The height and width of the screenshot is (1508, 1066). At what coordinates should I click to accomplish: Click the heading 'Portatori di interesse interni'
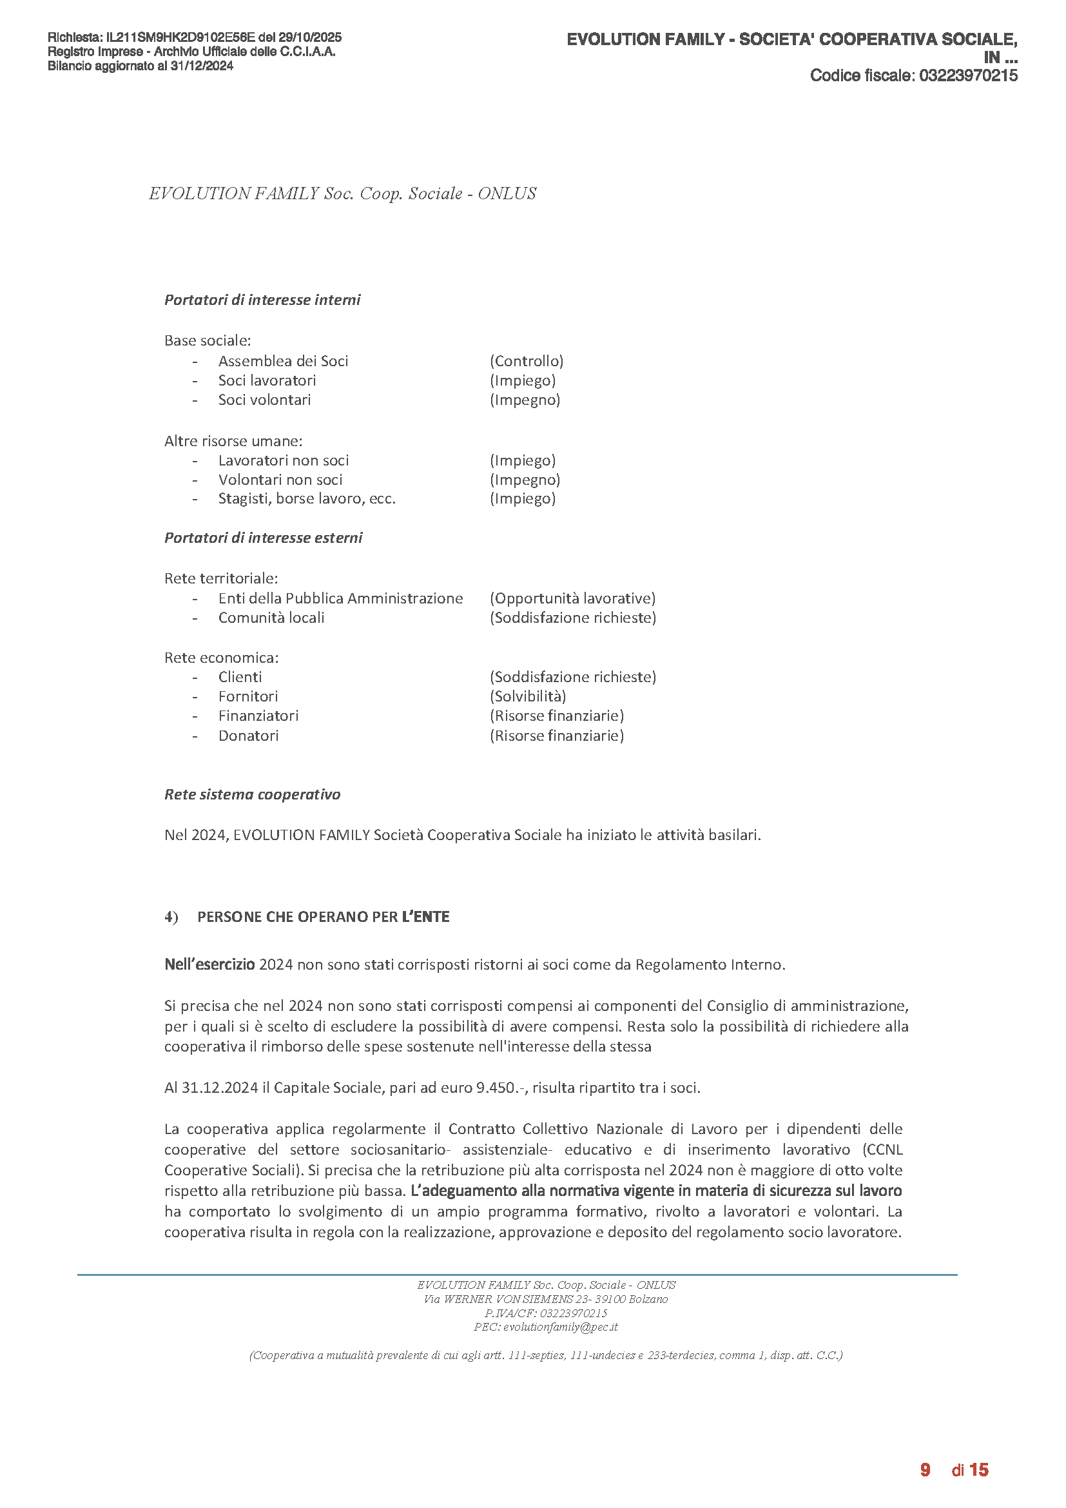pyautogui.click(x=262, y=300)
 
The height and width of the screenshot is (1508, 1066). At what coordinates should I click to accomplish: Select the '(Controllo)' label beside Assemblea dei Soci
pyautogui.click(x=527, y=361)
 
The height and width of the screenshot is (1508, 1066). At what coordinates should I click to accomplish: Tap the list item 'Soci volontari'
pyautogui.click(x=264, y=400)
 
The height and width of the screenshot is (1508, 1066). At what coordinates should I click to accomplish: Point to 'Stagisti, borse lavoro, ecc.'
pyautogui.click(x=307, y=499)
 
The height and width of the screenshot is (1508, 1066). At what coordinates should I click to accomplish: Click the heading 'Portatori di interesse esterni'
pyautogui.click(x=263, y=538)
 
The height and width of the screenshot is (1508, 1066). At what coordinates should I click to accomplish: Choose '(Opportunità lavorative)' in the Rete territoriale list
pyautogui.click(x=572, y=598)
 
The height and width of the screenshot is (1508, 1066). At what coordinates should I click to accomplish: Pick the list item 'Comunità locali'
pyautogui.click(x=271, y=618)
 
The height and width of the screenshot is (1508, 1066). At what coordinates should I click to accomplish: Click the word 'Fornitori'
pyautogui.click(x=248, y=696)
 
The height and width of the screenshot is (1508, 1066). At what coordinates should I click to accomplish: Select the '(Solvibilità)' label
pyautogui.click(x=528, y=696)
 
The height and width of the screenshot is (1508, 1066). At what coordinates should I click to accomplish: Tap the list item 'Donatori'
pyautogui.click(x=248, y=736)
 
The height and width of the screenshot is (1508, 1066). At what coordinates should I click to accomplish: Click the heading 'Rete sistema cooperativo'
pyautogui.click(x=252, y=795)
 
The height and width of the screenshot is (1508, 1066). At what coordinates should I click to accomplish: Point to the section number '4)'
pyautogui.click(x=171, y=917)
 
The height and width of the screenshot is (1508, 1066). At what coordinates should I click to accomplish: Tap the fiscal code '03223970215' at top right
pyautogui.click(x=968, y=76)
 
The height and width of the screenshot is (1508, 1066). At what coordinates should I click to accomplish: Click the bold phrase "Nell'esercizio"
pyautogui.click(x=209, y=965)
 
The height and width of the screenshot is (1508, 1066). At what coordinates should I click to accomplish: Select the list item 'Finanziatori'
pyautogui.click(x=258, y=716)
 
